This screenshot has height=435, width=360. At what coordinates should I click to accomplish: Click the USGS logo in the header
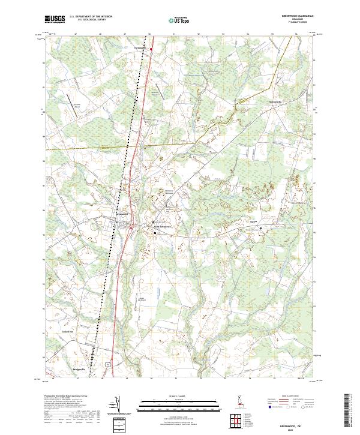point(55,20)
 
